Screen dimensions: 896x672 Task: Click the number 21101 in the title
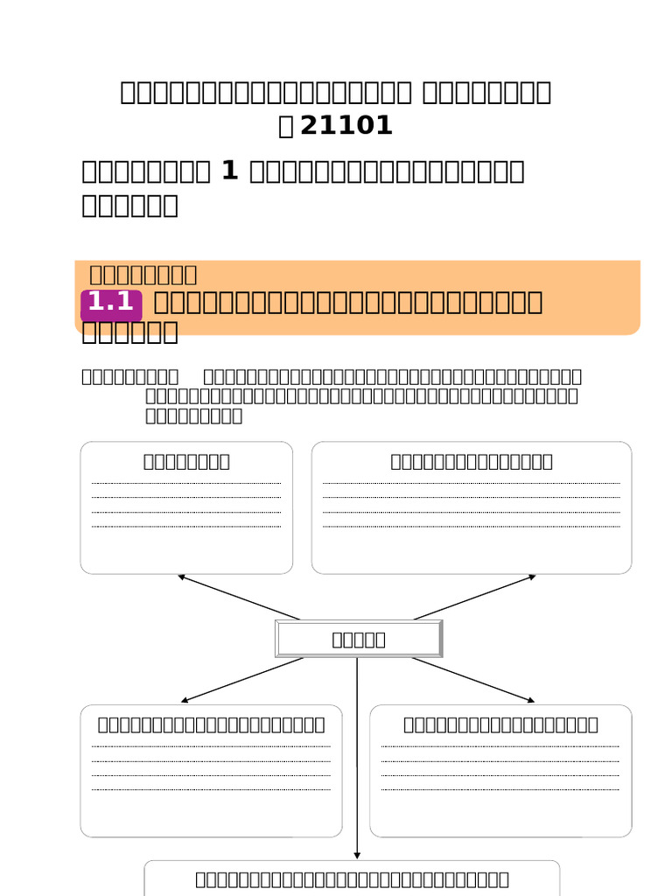(x=346, y=126)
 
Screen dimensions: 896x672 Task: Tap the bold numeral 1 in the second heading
(x=230, y=171)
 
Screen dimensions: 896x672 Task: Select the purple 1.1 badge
(x=111, y=303)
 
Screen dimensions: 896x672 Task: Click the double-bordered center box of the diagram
(x=359, y=639)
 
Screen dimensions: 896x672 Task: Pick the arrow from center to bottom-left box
(x=241, y=680)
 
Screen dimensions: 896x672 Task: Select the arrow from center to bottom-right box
(x=472, y=680)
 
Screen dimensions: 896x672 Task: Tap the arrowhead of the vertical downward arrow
(x=357, y=855)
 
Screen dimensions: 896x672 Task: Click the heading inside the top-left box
(x=186, y=461)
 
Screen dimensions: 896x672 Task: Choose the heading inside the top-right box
(x=472, y=461)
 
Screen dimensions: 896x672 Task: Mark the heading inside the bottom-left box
(x=211, y=724)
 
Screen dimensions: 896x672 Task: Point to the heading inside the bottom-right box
(x=500, y=724)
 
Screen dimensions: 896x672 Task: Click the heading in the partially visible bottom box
(x=352, y=879)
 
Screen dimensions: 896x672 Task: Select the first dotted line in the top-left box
(x=186, y=483)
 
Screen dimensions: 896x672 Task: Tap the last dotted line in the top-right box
(x=472, y=527)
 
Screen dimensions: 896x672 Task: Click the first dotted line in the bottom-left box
(x=211, y=746)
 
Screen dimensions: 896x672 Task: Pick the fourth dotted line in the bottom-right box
(x=500, y=790)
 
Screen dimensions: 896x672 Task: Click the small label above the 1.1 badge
(x=143, y=275)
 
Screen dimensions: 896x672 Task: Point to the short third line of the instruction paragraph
(x=193, y=416)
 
